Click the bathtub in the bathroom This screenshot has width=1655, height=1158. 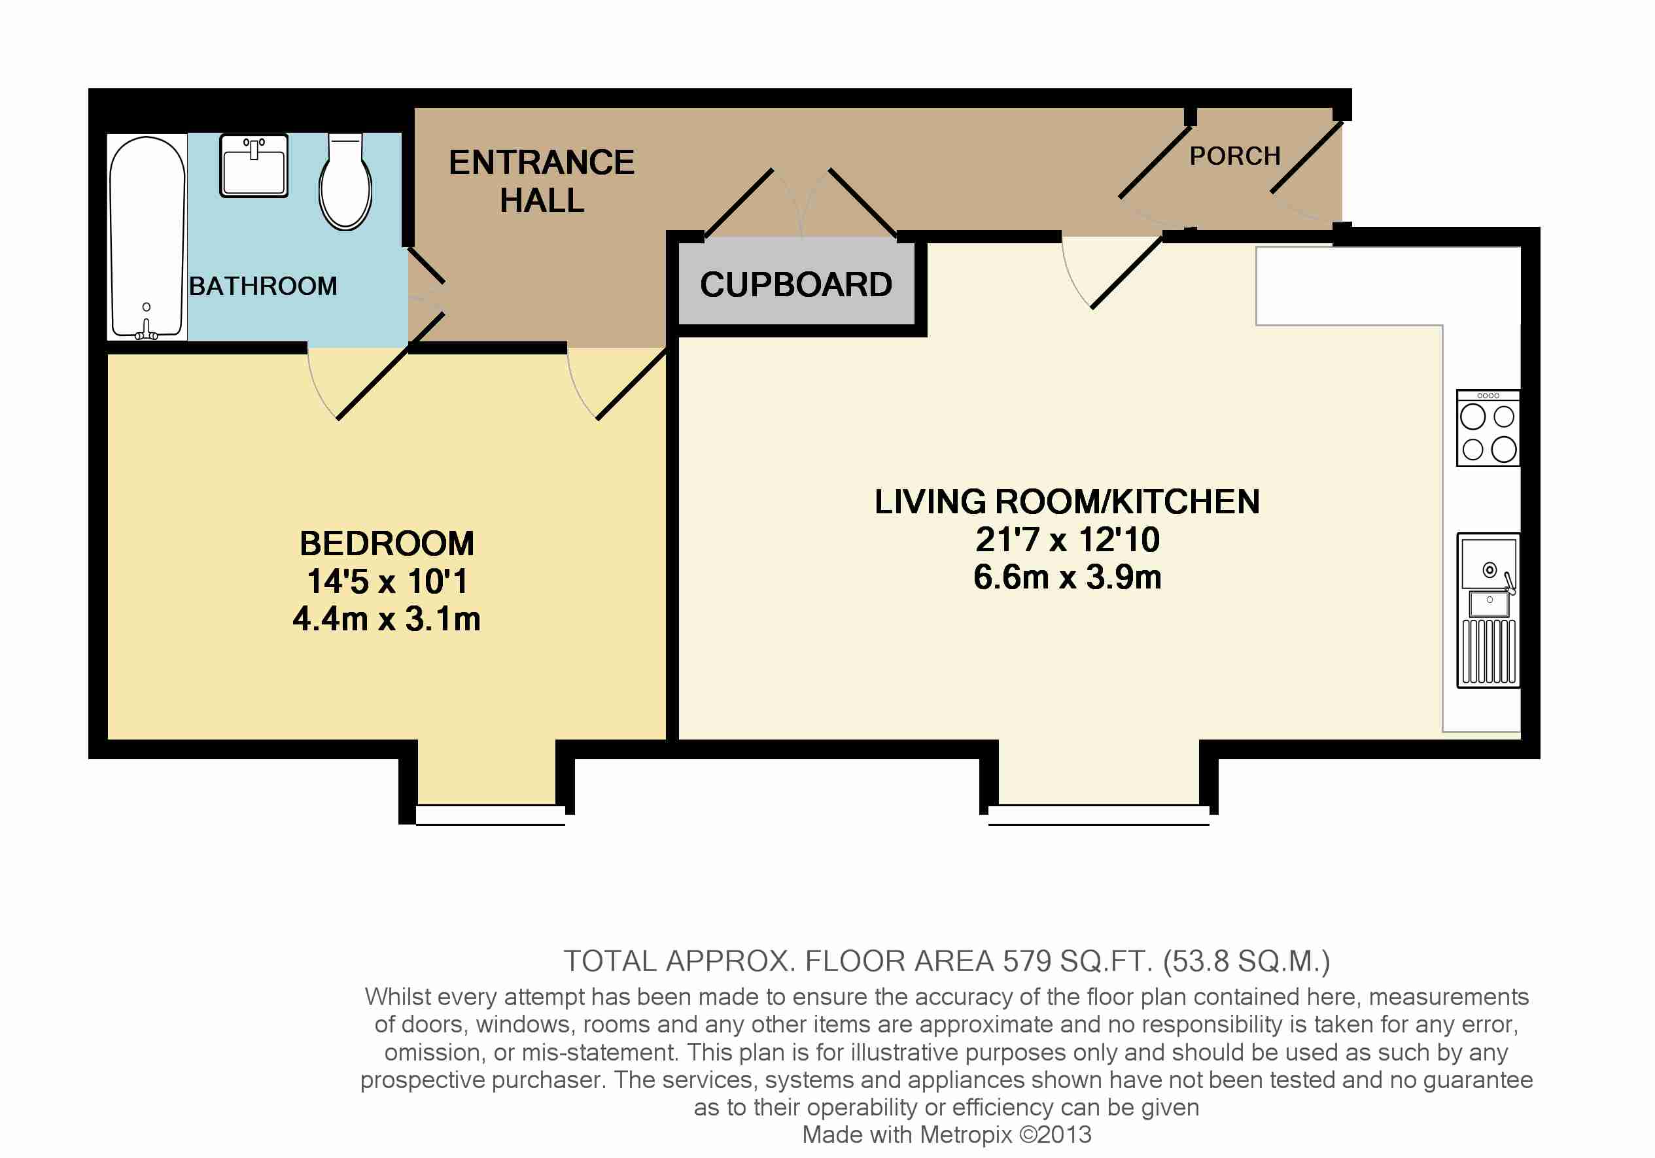point(147,237)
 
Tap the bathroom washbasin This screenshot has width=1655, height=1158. point(254,165)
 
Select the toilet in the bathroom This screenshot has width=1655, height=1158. point(345,182)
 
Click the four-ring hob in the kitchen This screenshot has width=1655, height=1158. point(1488,428)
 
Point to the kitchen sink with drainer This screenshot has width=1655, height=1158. point(1488,609)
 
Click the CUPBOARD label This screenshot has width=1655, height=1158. point(796,284)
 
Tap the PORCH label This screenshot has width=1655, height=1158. point(1235,156)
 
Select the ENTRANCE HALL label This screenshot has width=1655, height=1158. point(542,181)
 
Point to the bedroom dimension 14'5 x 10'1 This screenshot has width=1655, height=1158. point(387,581)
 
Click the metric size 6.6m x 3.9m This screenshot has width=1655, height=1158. point(1067,577)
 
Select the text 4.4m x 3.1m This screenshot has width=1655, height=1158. point(387,619)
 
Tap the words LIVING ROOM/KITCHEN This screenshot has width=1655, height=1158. point(1067,502)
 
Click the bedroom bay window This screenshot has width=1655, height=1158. point(490,814)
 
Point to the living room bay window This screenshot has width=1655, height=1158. point(1098,814)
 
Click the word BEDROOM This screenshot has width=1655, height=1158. point(387,543)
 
